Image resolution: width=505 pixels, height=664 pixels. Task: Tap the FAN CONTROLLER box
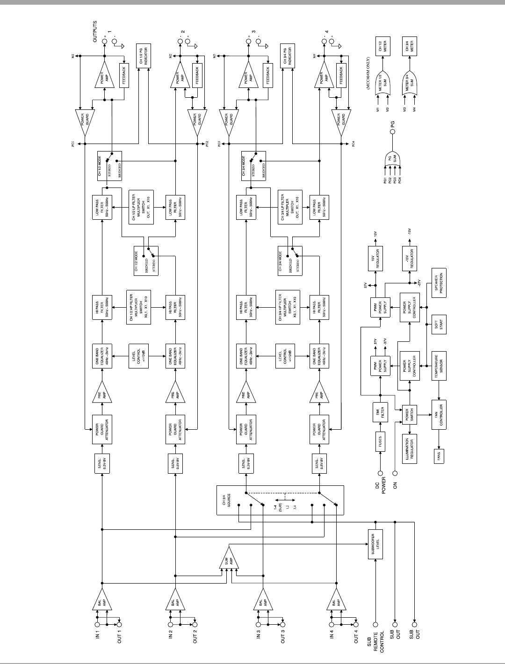(440, 414)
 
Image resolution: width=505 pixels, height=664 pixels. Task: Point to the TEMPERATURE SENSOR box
(440, 365)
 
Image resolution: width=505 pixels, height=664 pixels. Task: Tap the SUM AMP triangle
(229, 559)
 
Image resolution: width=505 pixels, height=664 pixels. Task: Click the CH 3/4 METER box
(410, 46)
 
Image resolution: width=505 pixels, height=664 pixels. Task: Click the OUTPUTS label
(95, 32)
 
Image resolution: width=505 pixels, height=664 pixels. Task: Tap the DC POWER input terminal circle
(381, 473)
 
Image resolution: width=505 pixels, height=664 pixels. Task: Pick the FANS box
(439, 455)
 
